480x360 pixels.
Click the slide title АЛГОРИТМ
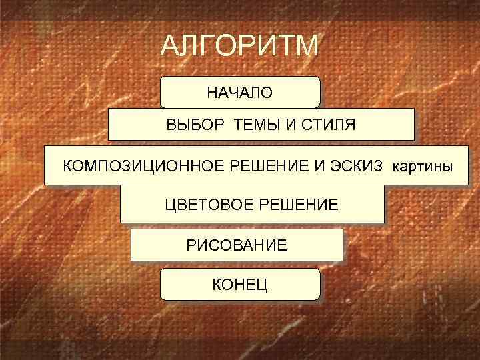(241, 47)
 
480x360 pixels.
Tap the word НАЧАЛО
(239, 93)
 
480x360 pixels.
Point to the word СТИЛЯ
(327, 125)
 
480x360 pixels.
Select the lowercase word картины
(420, 165)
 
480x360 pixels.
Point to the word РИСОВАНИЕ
(237, 245)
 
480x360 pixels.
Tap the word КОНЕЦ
(240, 285)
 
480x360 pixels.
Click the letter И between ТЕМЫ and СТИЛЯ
(291, 125)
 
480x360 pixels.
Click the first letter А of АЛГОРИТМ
(170, 47)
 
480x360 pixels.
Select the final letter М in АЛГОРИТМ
(308, 47)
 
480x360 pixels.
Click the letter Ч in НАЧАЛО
(235, 93)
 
